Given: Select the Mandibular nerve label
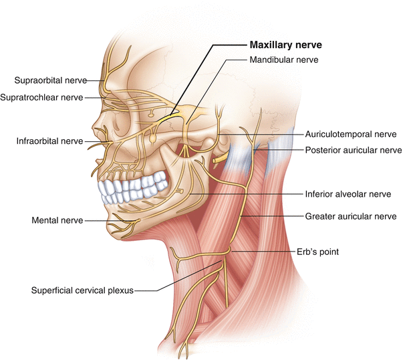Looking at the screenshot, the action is pos(283,60).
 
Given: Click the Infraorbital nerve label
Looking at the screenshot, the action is pos(50,141).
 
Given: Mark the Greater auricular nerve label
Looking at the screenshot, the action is pos(351,216).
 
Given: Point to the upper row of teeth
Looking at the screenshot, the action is pos(134,182).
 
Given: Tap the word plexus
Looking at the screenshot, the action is pos(120,290).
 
